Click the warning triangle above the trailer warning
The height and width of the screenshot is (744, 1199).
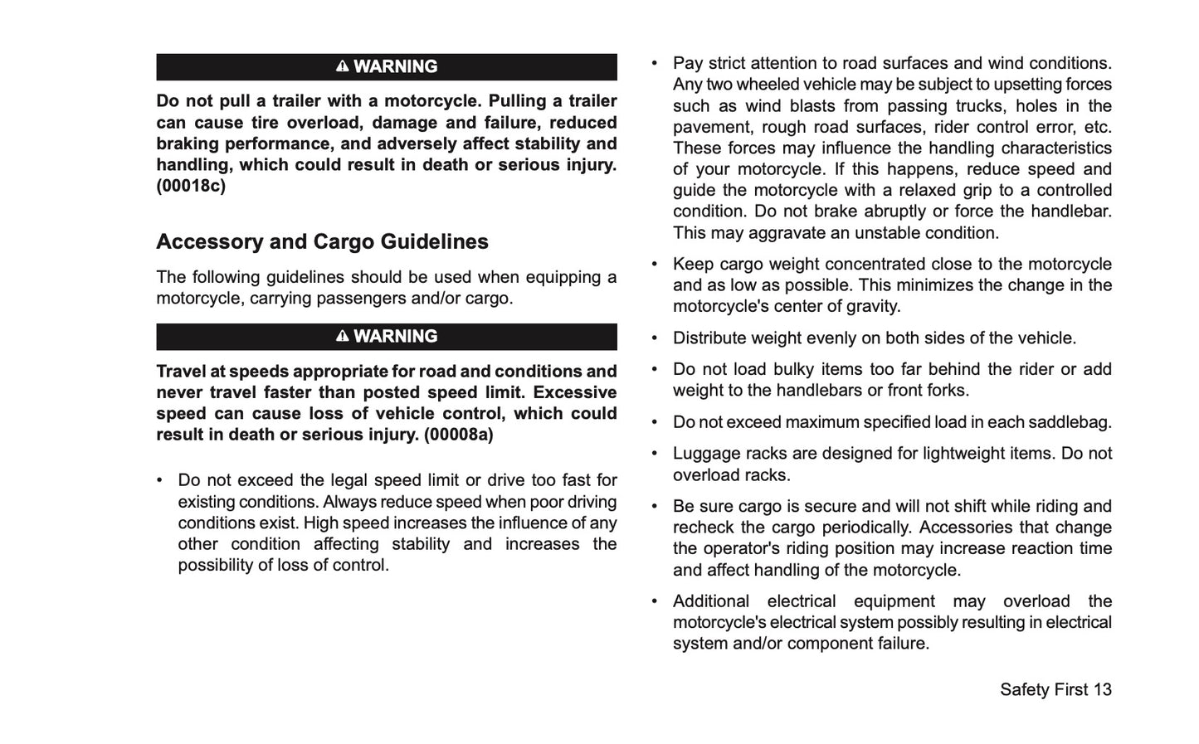click(342, 66)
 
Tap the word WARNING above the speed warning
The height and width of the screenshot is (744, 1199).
click(395, 336)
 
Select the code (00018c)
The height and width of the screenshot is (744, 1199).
click(191, 186)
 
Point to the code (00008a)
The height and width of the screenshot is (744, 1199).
click(458, 435)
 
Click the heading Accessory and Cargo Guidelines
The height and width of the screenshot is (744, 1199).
click(322, 241)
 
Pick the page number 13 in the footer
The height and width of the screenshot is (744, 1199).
click(1102, 689)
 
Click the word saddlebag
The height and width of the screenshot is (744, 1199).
click(1070, 422)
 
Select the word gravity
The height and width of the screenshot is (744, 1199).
click(870, 306)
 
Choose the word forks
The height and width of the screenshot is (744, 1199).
click(948, 391)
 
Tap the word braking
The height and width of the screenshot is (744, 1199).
click(186, 143)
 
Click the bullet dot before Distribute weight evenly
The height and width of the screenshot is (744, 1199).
click(655, 338)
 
